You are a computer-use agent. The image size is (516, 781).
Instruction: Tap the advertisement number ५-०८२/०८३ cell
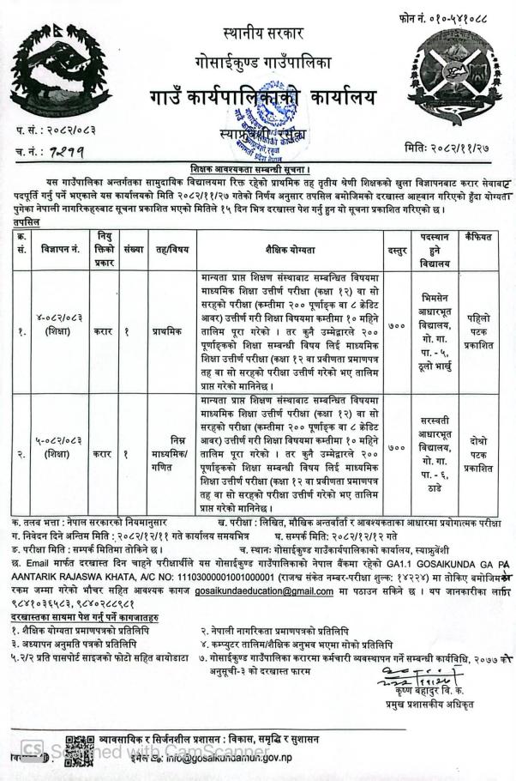[59, 447]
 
